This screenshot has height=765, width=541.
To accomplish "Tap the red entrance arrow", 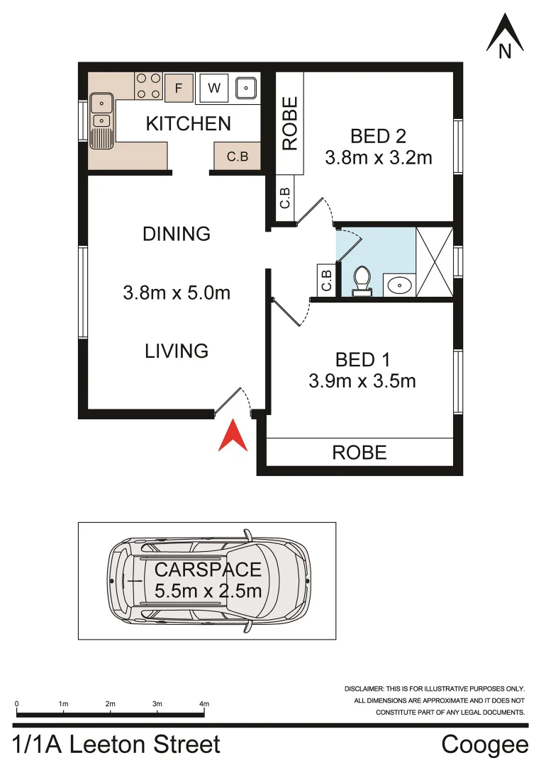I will pos(232,436).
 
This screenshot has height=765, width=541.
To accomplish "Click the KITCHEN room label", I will pos(188,123).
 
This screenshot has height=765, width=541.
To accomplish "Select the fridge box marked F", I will pos(179,89).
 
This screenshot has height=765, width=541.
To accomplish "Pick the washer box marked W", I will pos(213,89).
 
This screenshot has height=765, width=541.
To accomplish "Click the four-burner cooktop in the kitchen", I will pos(148,86).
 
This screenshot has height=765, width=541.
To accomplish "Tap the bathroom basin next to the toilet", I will pos(400,285).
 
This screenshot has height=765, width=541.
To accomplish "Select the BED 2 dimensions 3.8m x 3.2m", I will pos(379,157).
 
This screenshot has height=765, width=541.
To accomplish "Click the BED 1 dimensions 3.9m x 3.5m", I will pos(362,381).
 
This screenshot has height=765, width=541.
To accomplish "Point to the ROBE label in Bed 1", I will pos(359,452).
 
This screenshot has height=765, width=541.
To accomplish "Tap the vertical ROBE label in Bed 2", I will pos(290,124).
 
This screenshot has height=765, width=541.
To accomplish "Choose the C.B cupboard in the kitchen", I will pos(238,157).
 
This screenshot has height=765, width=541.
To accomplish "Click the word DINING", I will pos(177,234).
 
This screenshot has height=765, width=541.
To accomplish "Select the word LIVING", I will pos(177,351).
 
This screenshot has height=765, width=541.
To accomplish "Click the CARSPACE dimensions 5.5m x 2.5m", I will pos(208,590).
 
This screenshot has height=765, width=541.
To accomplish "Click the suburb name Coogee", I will pos(484,744).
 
